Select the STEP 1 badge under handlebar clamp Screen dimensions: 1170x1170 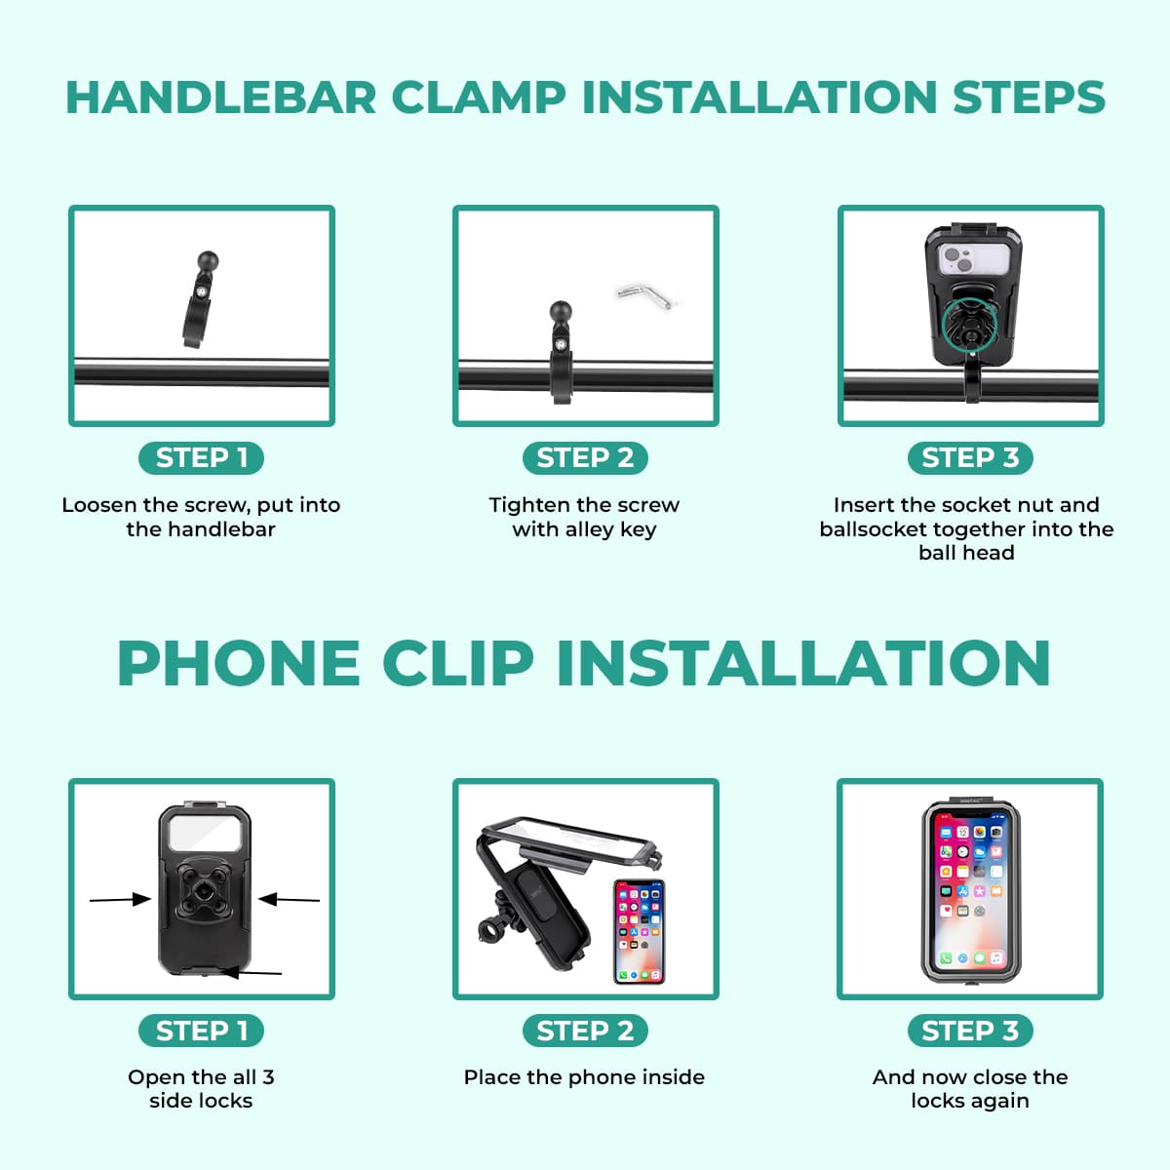(x=202, y=457)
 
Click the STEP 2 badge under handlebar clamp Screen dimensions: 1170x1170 (x=585, y=457)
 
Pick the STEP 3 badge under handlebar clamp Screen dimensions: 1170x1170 (x=970, y=457)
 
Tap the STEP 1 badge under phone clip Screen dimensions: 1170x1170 (x=202, y=1031)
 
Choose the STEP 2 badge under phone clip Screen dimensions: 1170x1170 (x=585, y=1031)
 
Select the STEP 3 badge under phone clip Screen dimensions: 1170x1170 (x=970, y=1031)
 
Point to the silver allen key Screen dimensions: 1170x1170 (x=645, y=296)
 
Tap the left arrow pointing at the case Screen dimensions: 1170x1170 (x=120, y=899)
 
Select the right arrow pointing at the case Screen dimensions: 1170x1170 (x=289, y=899)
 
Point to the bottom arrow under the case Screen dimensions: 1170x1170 (x=252, y=972)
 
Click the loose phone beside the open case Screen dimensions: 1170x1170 (x=639, y=931)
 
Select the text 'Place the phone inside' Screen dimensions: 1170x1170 (x=584, y=1077)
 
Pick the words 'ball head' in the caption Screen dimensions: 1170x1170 (x=966, y=553)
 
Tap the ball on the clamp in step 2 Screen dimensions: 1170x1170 (x=561, y=312)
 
